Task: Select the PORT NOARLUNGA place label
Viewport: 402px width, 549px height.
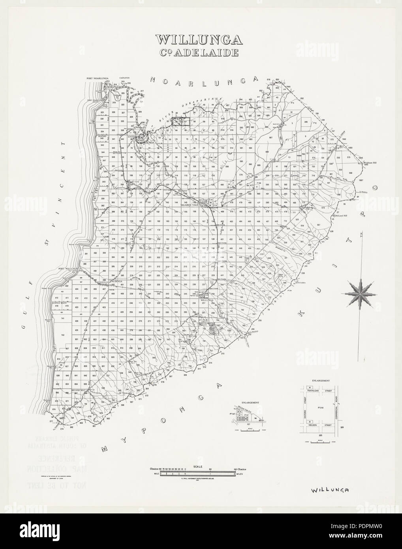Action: pyautogui.click(x=98, y=79)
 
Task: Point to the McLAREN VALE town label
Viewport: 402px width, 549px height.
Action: pyautogui.click(x=191, y=205)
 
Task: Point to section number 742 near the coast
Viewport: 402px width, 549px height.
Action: pyautogui.click(x=63, y=335)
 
